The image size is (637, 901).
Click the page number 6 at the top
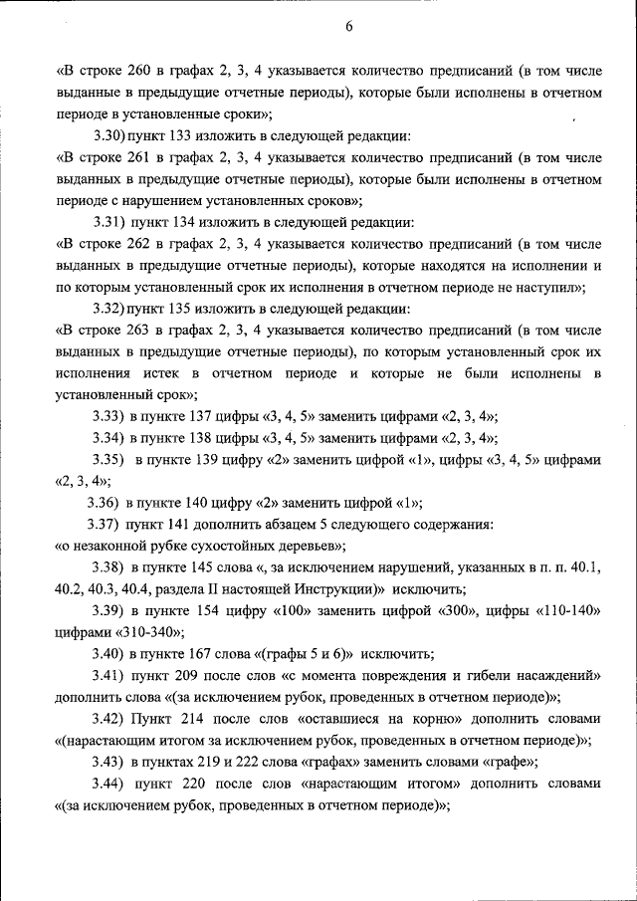coord(349,27)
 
